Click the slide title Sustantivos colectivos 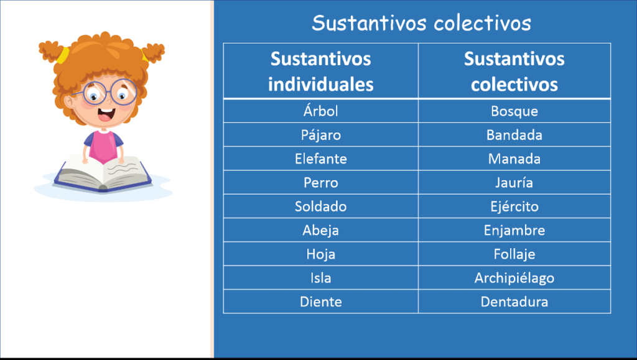click(421, 23)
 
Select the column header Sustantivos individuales click(320, 71)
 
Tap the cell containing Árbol click(320, 111)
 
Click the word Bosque click(514, 111)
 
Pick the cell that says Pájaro click(320, 135)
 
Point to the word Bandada click(514, 135)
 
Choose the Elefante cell click(320, 159)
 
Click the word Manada click(514, 159)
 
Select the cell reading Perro click(320, 183)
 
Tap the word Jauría click(514, 183)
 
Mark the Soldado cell click(320, 206)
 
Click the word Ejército click(514, 206)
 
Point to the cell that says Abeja click(320, 230)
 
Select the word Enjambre click(514, 230)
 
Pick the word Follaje click(514, 254)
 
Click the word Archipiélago click(514, 278)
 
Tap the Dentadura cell click(514, 302)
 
